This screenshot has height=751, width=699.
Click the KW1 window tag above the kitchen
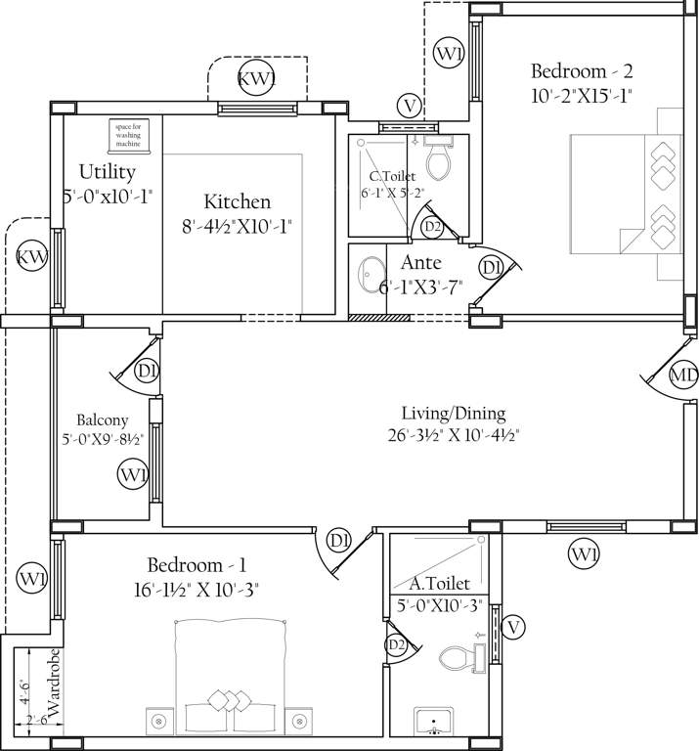pyautogui.click(x=258, y=78)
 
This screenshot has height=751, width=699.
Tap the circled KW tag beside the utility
pyautogui.click(x=32, y=257)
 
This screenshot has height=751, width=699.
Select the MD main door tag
pyautogui.click(x=683, y=375)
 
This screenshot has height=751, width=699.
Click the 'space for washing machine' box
pyautogui.click(x=128, y=135)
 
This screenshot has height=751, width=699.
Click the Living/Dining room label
pyautogui.click(x=453, y=413)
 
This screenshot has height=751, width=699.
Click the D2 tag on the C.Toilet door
pyautogui.click(x=431, y=227)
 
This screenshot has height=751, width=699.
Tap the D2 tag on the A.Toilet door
pyautogui.click(x=395, y=644)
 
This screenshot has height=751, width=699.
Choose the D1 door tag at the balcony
pyautogui.click(x=147, y=371)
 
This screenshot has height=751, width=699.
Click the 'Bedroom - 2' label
pyautogui.click(x=583, y=70)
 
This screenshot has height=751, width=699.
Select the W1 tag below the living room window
pyautogui.click(x=584, y=554)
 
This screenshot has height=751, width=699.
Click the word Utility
pyautogui.click(x=108, y=172)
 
